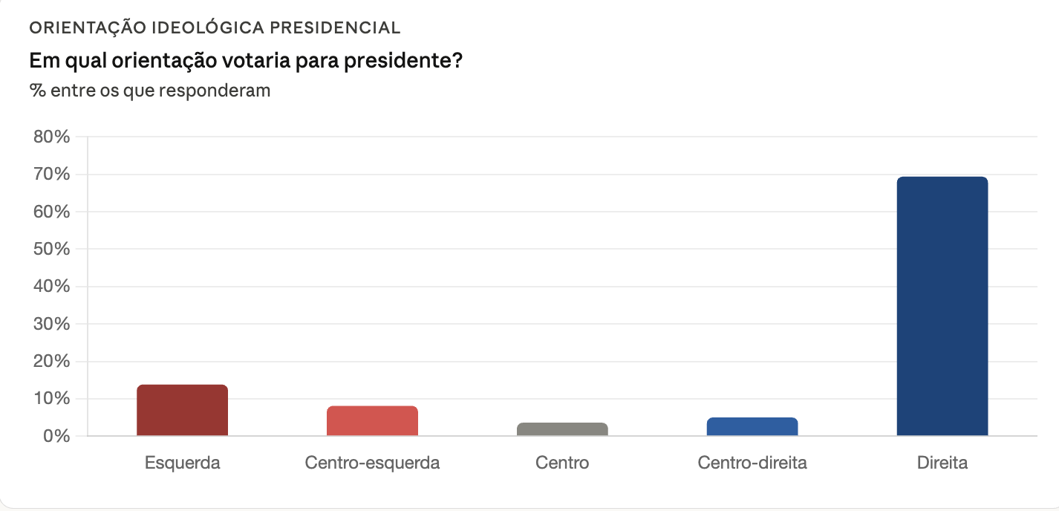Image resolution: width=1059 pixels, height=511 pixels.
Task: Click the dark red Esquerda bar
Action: (x=182, y=410)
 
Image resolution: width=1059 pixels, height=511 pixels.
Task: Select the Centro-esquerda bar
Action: (x=372, y=420)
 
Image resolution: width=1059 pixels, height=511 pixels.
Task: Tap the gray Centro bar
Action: (x=562, y=429)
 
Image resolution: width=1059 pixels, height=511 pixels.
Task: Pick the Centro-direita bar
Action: (x=752, y=426)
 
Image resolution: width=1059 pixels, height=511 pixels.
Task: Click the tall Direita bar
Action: (x=942, y=306)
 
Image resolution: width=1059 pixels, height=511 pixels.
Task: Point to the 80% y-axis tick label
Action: (x=52, y=137)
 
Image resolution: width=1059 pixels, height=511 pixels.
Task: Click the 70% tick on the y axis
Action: (x=52, y=175)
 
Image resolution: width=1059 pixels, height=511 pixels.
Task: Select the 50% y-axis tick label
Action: (x=52, y=250)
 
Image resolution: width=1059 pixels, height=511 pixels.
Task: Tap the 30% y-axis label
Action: (x=52, y=325)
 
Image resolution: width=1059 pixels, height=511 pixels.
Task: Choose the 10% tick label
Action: (x=52, y=399)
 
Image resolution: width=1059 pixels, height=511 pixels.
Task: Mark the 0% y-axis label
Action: (x=56, y=436)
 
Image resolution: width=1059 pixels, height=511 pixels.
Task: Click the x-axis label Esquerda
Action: (x=182, y=463)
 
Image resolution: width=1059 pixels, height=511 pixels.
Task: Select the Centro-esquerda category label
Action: (x=372, y=463)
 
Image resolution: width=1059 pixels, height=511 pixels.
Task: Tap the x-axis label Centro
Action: (x=562, y=463)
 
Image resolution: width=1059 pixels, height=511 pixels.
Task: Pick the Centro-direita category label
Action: (x=752, y=463)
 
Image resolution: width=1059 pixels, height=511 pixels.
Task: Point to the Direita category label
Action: (x=942, y=463)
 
